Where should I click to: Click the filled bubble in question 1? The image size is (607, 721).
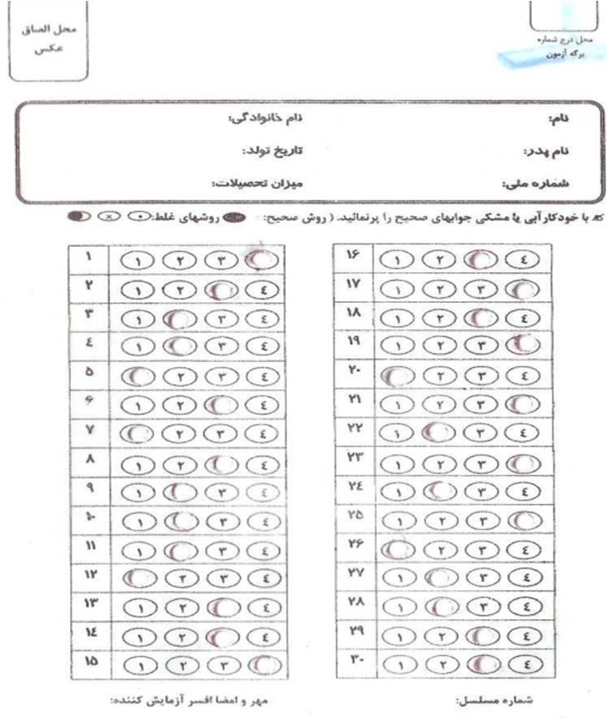click(263, 260)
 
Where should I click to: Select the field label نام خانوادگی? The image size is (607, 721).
click(265, 119)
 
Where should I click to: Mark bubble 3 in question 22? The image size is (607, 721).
click(482, 433)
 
